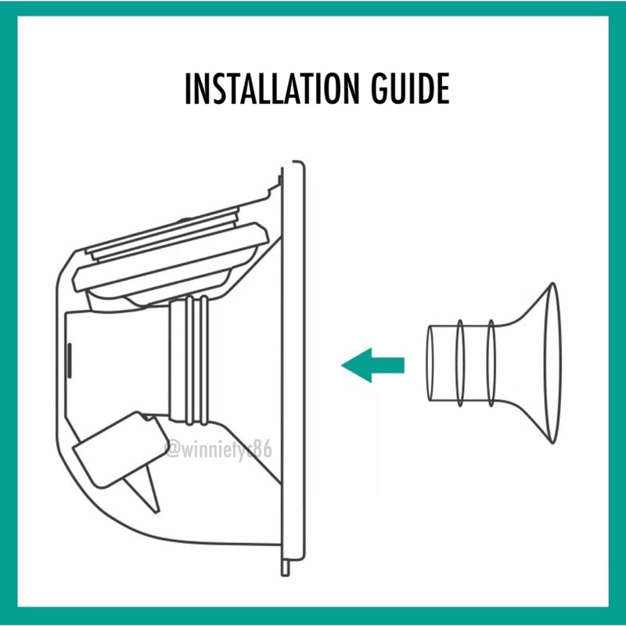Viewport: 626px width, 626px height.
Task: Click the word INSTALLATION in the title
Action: tap(272, 88)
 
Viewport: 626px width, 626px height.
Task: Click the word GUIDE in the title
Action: tap(410, 88)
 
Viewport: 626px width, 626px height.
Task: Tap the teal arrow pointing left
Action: tap(373, 365)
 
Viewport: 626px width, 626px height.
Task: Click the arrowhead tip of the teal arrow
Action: tap(342, 365)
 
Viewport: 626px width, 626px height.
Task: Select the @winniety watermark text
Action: tap(218, 450)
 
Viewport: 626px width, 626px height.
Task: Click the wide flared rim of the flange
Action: tap(553, 363)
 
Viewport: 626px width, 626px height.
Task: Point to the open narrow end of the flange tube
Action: tap(430, 363)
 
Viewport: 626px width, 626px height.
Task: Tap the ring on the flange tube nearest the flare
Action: tap(491, 363)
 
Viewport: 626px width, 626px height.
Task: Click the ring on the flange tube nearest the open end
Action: tap(460, 363)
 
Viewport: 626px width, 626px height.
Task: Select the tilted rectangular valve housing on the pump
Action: tap(120, 450)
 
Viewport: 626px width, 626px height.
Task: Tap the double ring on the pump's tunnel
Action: tap(196, 359)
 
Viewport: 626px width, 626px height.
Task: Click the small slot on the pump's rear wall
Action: tap(69, 361)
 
